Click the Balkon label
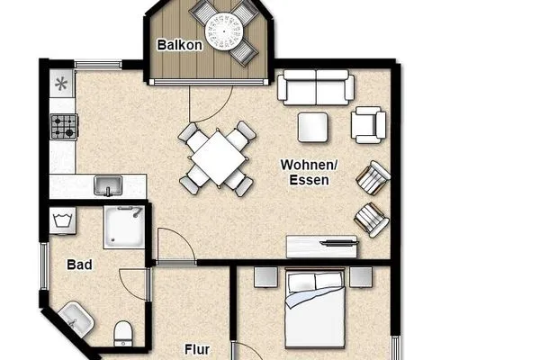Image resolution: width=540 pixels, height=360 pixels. point(178,45)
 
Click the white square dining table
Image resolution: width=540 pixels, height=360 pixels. point(216,157)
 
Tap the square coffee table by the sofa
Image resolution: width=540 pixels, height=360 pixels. point(314,126)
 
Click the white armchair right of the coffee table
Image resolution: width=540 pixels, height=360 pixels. point(368,124)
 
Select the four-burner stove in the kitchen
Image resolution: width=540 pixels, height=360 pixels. point(62,128)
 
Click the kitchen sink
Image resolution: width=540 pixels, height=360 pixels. point(109,185)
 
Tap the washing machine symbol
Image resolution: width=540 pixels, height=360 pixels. point(62,220)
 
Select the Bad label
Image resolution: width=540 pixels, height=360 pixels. point(79,265)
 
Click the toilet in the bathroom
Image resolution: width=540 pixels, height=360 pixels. point(123,332)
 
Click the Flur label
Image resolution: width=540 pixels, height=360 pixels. point(197,348)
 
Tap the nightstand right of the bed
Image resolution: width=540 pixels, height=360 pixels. point(362,276)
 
